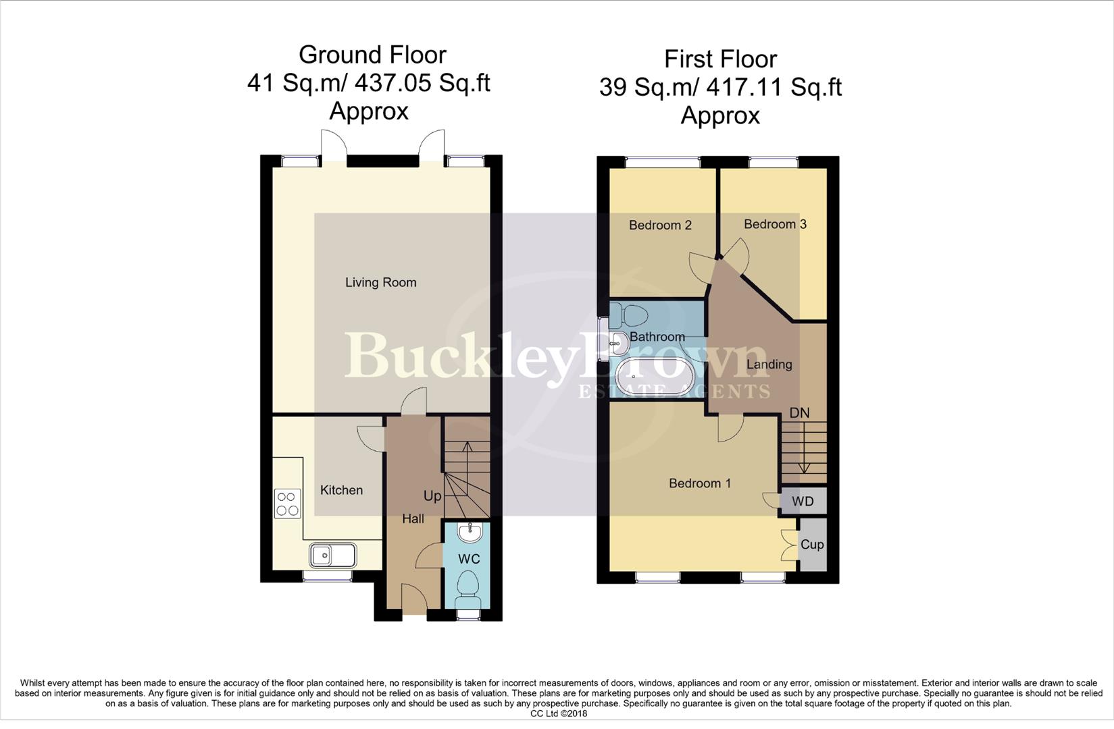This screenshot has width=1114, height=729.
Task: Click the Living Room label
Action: pyautogui.click(x=380, y=282)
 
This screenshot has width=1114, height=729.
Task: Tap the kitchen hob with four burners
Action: pyautogui.click(x=287, y=504)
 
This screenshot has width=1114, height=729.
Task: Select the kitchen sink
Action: pyautogui.click(x=332, y=556)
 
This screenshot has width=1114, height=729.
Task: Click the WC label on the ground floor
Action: pyautogui.click(x=469, y=559)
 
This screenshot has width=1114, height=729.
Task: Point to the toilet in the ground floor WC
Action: pyautogui.click(x=468, y=589)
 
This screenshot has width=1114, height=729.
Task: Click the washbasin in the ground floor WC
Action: pyautogui.click(x=470, y=533)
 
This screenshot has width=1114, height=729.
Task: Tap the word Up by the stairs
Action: pyautogui.click(x=432, y=495)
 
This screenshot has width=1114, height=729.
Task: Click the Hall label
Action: pyautogui.click(x=413, y=518)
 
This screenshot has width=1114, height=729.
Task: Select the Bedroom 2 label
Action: pyautogui.click(x=660, y=225)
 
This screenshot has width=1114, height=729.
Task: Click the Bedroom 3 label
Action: pyautogui.click(x=775, y=224)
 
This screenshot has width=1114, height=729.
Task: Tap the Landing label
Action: pyautogui.click(x=769, y=364)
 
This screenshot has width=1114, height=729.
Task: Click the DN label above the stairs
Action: pyautogui.click(x=799, y=412)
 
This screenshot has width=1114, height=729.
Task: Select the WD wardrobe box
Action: pyautogui.click(x=803, y=502)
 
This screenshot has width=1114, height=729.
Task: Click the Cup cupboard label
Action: pyautogui.click(x=811, y=544)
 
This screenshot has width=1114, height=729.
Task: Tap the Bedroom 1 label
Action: pyautogui.click(x=699, y=483)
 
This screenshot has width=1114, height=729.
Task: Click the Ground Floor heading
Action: pyautogui.click(x=372, y=55)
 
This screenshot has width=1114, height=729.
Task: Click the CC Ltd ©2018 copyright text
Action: pyautogui.click(x=559, y=713)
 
